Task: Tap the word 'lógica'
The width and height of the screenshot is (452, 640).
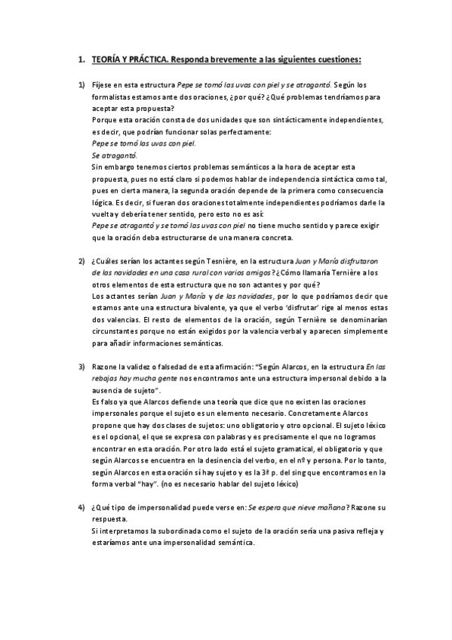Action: point(102,203)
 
